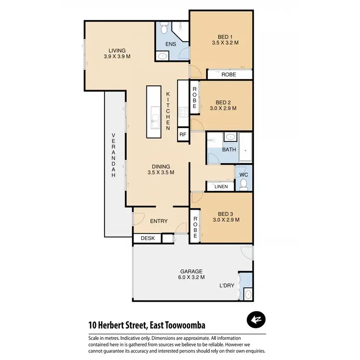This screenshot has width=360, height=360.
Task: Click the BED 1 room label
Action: (x=225, y=36)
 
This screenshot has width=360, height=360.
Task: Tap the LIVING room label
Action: (x=117, y=50)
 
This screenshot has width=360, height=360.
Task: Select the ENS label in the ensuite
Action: (x=170, y=44)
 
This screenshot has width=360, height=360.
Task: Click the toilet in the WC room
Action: (x=243, y=183)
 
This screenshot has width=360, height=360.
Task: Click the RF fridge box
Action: (x=182, y=134)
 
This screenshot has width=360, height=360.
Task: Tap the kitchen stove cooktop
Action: (x=183, y=112)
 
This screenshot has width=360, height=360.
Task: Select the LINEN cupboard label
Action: (x=221, y=186)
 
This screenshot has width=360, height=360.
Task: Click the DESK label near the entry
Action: (x=147, y=238)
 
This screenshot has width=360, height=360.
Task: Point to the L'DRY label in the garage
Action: (x=227, y=286)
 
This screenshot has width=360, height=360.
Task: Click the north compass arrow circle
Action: (x=256, y=319)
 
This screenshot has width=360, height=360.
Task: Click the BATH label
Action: (x=229, y=149)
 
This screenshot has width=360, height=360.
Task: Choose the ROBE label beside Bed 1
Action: (x=228, y=75)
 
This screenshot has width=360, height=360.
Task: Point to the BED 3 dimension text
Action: (x=225, y=220)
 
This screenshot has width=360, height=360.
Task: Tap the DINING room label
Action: (x=161, y=167)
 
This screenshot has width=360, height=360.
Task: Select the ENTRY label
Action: (x=158, y=221)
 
